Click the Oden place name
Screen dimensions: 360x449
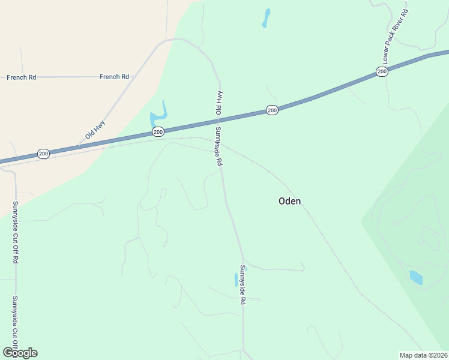point(289,201)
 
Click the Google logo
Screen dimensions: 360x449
point(20,352)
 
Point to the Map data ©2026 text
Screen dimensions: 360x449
point(424,355)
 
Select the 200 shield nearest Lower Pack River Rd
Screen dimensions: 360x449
point(382,72)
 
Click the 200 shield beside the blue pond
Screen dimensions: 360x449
point(158,132)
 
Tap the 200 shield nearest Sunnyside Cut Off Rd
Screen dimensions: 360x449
point(43,154)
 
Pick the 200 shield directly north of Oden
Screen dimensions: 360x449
point(272,110)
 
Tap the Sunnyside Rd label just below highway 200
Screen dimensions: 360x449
point(218,146)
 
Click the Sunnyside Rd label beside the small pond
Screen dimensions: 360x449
point(243,285)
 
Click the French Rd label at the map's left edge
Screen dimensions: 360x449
point(22,77)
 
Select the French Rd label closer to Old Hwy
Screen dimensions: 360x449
point(115,77)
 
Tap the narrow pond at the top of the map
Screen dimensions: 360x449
point(265,18)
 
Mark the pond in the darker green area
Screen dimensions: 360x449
point(415,277)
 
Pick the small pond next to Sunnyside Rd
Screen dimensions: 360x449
point(236,280)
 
